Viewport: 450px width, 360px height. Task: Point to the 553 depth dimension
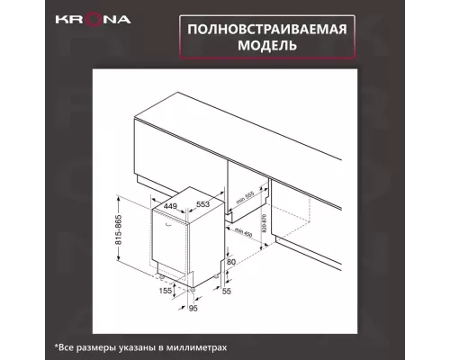(x=204, y=203)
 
